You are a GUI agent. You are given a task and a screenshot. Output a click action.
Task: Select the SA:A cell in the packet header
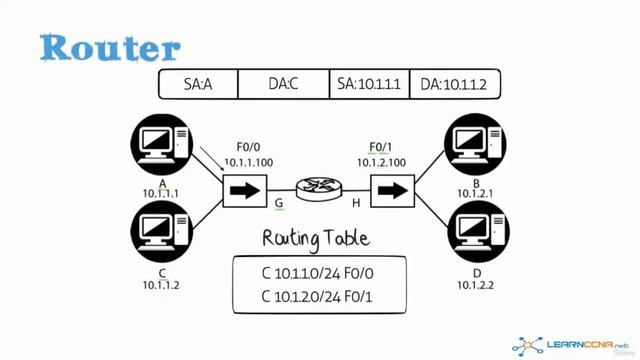(198, 85)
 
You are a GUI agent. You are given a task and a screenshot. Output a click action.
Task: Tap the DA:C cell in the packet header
(284, 85)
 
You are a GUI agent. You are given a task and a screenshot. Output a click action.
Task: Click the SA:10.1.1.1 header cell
(369, 85)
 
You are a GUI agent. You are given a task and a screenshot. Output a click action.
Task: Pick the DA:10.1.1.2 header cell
(454, 85)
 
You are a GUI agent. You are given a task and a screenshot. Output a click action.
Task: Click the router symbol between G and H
(319, 188)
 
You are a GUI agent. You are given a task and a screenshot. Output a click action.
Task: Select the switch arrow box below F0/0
(245, 189)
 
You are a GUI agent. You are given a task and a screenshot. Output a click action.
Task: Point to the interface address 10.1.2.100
(383, 162)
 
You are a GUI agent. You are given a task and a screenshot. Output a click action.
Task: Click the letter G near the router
(279, 203)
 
